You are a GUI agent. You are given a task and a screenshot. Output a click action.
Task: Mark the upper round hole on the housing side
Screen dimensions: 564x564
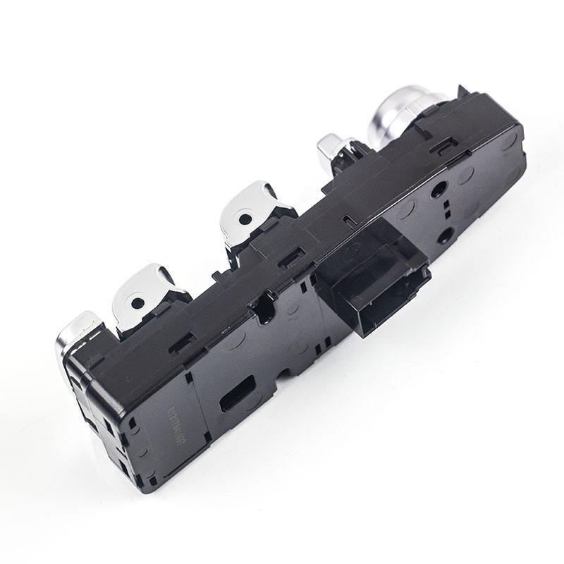pos(439,190)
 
